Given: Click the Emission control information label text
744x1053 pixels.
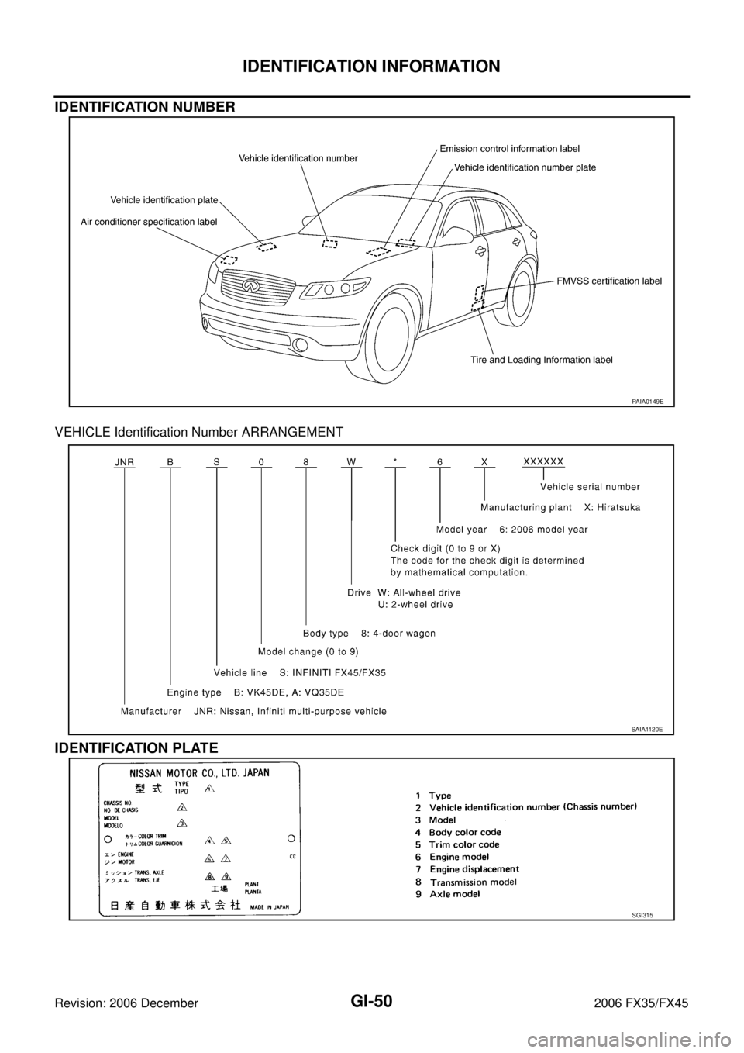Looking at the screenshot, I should pos(509,148).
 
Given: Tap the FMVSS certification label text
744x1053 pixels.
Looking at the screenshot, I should pos(609,281).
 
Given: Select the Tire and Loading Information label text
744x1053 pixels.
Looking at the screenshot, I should pos(542,360).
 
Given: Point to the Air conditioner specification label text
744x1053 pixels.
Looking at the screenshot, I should pos(149,222).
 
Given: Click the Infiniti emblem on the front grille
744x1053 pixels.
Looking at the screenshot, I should pos(249,286).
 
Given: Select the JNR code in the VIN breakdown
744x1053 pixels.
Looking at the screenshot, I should pos(124,461).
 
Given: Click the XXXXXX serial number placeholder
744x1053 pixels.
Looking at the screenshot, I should pos(543,461).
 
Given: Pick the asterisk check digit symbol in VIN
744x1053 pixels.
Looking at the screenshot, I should pos(395,462).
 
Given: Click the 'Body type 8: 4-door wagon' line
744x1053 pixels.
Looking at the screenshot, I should pos(369,633).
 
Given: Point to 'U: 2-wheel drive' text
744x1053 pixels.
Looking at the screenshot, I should pos(415,604).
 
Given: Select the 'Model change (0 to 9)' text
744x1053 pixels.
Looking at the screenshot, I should pos(308,652).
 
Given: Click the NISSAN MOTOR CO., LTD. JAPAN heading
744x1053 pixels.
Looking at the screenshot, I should pos(200,772).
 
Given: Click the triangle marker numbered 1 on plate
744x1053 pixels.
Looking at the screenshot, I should pos(208,789).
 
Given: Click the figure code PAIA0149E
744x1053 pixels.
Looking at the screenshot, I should pos(646,402).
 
